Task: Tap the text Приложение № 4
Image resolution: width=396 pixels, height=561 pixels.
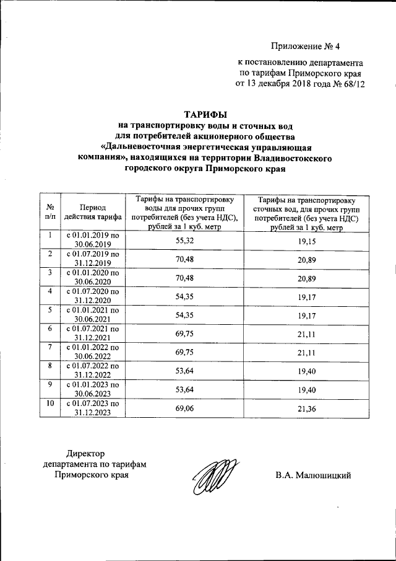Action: pyautogui.click(x=306, y=47)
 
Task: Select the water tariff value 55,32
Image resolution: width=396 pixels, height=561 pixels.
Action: pyautogui.click(x=185, y=240)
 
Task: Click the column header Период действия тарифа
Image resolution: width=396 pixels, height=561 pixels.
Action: pyautogui.click(x=92, y=212)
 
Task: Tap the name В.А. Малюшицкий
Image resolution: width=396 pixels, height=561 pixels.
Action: pyautogui.click(x=313, y=475)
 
